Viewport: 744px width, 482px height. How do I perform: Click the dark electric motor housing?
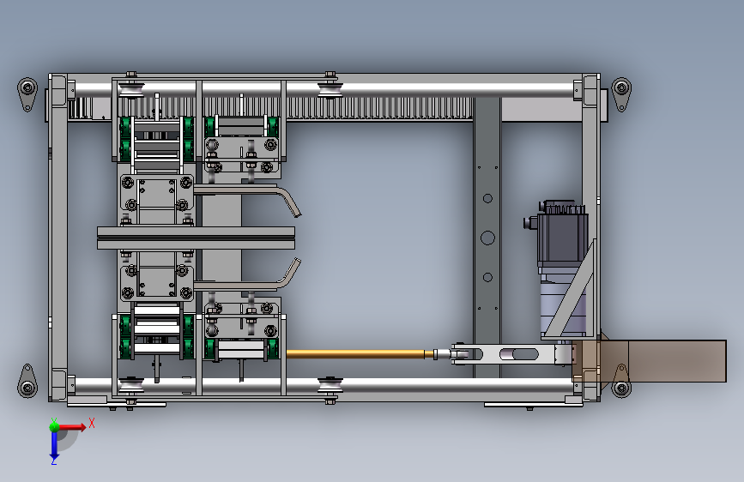[563, 232]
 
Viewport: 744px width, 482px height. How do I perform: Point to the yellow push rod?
[356, 353]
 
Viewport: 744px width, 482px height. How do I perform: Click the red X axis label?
[92, 423]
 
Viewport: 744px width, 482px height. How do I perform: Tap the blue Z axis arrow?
[54, 444]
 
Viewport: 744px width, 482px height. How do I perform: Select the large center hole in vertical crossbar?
[487, 238]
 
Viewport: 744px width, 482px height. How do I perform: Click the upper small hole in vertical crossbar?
[487, 198]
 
